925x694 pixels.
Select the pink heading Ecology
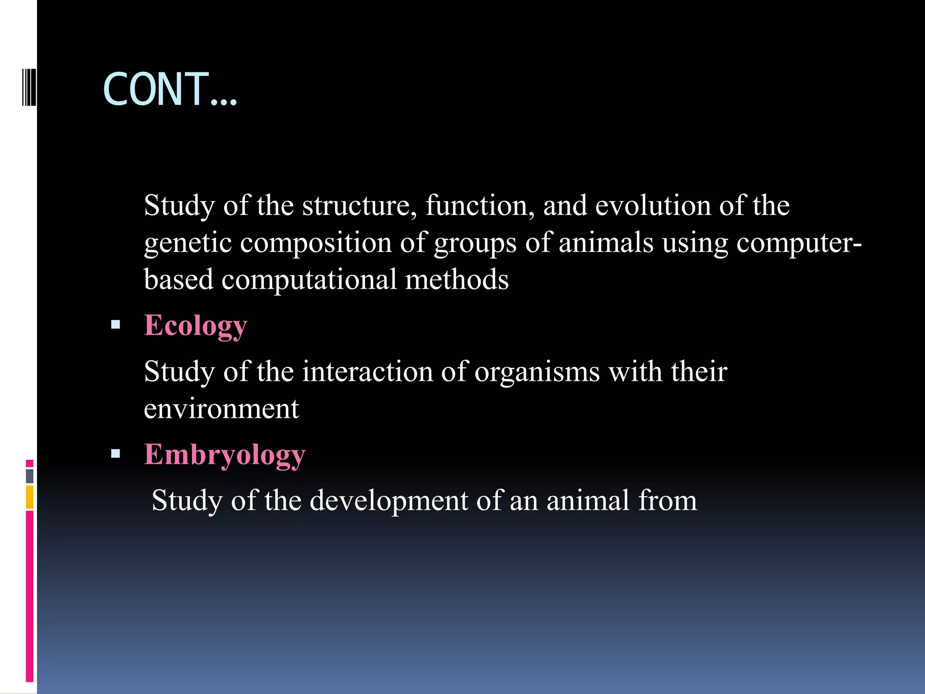pos(195,325)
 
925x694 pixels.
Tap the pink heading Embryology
pos(224,455)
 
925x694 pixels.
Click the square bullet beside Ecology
pos(116,324)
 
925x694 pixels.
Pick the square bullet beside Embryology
pos(116,454)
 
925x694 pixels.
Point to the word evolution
pos(653,206)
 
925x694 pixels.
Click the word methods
pos(457,279)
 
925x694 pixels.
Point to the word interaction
pos(367,371)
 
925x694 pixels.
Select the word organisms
pos(537,372)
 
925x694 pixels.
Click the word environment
pos(221,409)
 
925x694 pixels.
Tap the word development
pos(389,501)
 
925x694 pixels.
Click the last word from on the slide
pos(667,500)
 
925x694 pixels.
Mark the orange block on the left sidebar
pos(30,497)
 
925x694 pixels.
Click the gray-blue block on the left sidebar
pos(30,476)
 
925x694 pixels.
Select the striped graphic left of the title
pos(29,87)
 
